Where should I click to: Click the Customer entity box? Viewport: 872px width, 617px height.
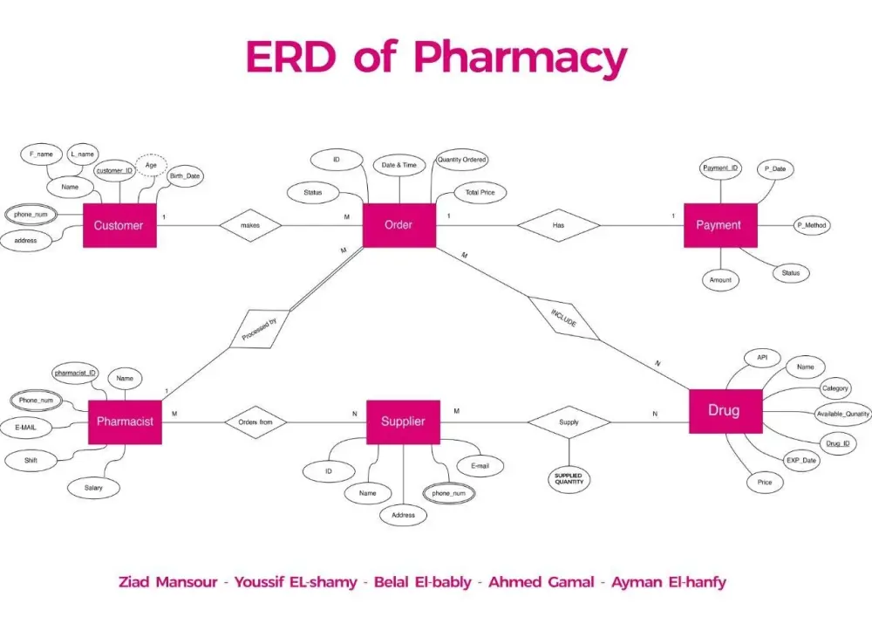[119, 225]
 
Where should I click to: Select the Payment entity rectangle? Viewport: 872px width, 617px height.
[720, 225]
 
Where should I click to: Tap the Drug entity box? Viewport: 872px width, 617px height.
[726, 411]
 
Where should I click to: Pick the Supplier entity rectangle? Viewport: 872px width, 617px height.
[403, 422]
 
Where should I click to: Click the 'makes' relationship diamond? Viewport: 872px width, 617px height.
[250, 225]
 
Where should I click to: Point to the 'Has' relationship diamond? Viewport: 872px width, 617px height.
[558, 225]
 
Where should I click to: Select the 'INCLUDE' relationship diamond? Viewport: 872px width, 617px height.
[563, 319]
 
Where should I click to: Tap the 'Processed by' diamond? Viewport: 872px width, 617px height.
[260, 329]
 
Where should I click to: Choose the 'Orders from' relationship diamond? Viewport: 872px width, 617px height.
[255, 422]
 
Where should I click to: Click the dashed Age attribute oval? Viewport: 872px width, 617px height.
[151, 165]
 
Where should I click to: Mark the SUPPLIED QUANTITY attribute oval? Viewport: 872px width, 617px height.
[569, 479]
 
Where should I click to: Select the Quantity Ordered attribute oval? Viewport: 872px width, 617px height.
[461, 160]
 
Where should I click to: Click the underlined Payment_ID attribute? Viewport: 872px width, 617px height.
[720, 168]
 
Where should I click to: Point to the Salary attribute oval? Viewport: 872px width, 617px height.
[93, 488]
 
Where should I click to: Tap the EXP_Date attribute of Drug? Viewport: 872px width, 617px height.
[801, 461]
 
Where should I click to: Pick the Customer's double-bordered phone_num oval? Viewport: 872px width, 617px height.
[31, 215]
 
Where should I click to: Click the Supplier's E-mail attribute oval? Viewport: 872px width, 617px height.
[480, 466]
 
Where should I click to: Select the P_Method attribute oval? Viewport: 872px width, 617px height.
[812, 225]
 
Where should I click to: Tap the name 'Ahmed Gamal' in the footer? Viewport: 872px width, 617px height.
[542, 582]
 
